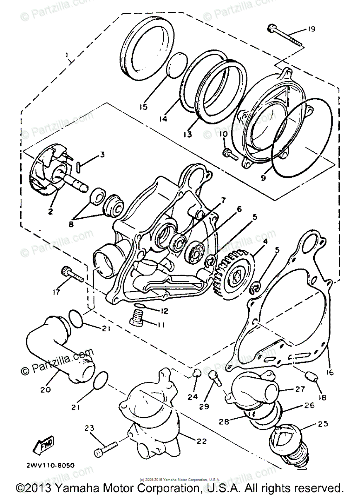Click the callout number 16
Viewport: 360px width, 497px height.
[329, 373]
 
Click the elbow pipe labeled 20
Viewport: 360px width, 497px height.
[58, 348]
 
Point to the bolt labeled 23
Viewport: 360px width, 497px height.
[106, 449]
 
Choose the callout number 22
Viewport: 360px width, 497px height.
[202, 442]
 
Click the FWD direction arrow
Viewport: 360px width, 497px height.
[43, 446]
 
